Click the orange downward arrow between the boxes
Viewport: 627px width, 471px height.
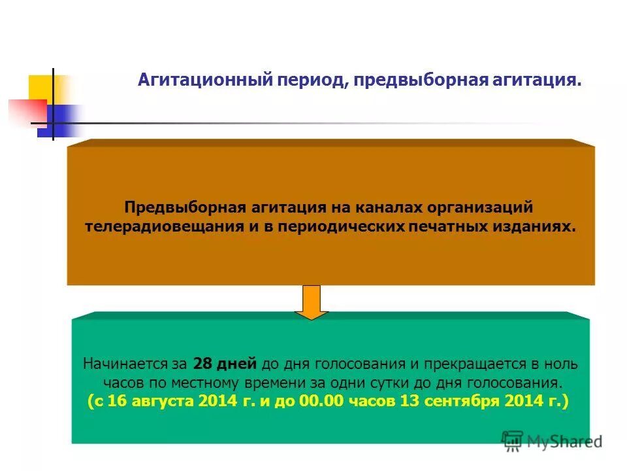pyautogui.click(x=314, y=302)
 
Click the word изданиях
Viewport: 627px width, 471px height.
pyautogui.click(x=539, y=226)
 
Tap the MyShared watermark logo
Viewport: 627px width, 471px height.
pyautogui.click(x=552, y=441)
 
